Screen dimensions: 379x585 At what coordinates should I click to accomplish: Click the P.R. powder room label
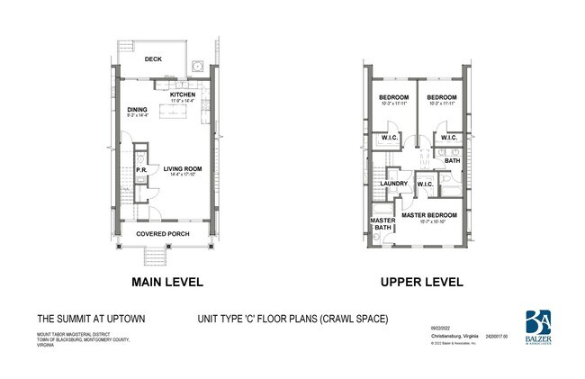[142, 169]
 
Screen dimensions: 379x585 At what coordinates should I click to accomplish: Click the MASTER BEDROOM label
[428, 215]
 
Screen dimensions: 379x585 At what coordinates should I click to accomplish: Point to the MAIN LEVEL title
[167, 282]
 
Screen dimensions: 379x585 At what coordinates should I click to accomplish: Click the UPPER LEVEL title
[421, 282]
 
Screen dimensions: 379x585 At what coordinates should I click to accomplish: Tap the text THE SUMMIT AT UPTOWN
[91, 319]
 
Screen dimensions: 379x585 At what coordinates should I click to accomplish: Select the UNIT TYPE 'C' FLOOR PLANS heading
[292, 319]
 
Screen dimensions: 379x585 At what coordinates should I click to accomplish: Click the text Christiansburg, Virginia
[448, 336]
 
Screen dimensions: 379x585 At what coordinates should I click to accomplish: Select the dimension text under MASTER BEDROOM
[429, 221]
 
